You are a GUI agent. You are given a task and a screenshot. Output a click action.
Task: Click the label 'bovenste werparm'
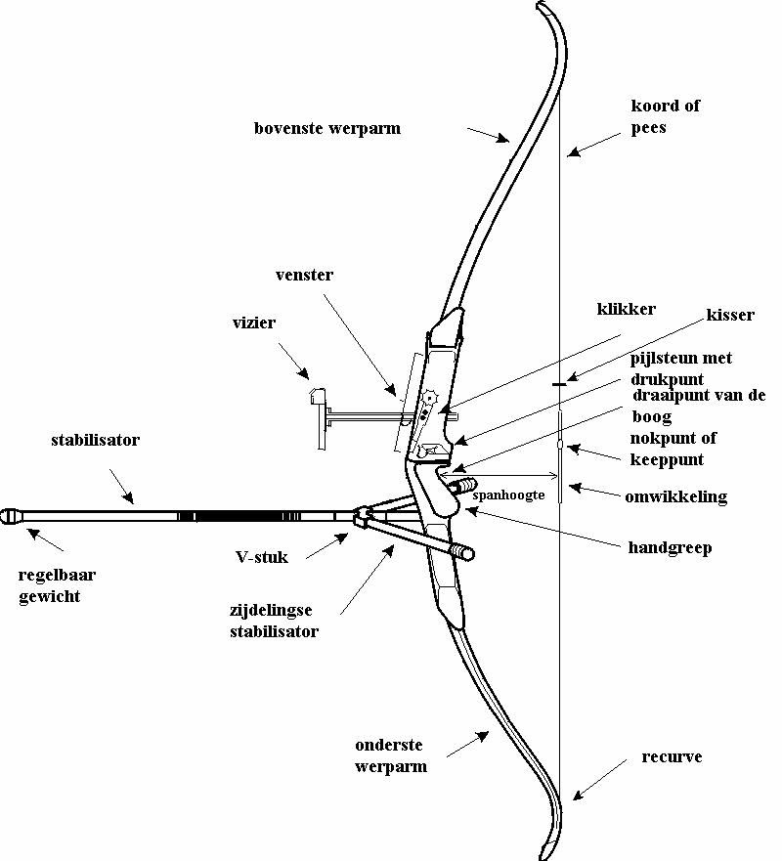point(327,128)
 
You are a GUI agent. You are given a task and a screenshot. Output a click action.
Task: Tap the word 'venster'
point(305,276)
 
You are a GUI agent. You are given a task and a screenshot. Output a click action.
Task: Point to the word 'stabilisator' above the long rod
point(95,440)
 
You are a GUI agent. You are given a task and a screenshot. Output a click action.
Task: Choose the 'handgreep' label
point(670,547)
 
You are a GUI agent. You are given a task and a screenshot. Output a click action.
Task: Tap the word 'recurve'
point(672,757)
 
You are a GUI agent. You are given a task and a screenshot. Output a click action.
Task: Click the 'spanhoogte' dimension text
point(507,495)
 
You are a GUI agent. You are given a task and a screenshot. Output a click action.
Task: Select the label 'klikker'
point(626,309)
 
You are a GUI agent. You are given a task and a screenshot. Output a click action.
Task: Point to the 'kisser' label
point(730,315)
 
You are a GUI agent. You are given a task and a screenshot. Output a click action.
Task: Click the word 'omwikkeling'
point(675,496)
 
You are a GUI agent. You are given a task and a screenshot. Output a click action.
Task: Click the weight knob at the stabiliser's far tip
point(13,514)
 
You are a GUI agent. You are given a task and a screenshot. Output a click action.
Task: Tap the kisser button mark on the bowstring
point(558,384)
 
